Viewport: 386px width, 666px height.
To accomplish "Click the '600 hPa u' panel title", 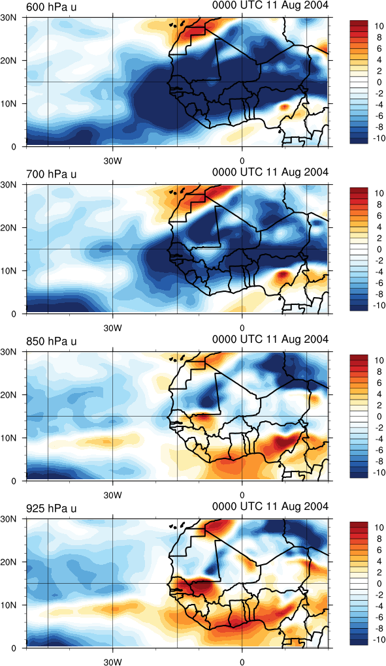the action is pyautogui.click(x=52, y=7).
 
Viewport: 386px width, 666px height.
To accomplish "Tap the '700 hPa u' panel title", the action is pyautogui.click(x=52, y=174).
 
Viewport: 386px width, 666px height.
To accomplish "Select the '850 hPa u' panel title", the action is pyautogui.click(x=52, y=341).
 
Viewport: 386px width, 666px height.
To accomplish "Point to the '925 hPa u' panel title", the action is pyautogui.click(x=52, y=509).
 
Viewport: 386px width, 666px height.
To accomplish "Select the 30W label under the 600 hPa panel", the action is pyautogui.click(x=112, y=161).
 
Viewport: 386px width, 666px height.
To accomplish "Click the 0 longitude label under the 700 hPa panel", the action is pyautogui.click(x=242, y=328).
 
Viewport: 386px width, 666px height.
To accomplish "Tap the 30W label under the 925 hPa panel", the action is pyautogui.click(x=112, y=662).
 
